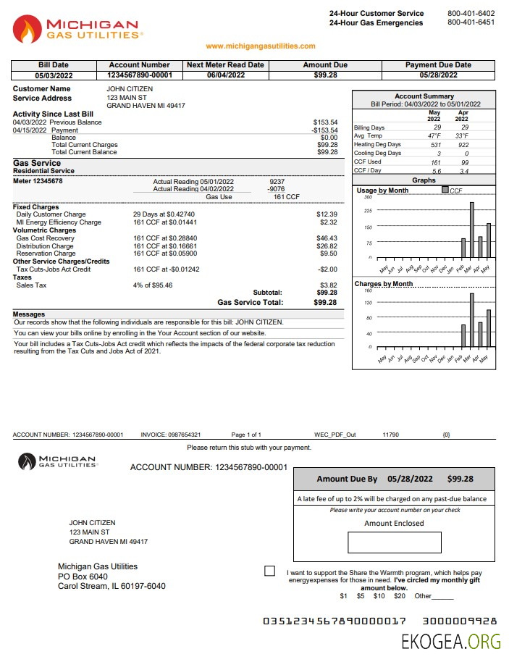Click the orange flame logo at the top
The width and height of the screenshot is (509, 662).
pos(28,29)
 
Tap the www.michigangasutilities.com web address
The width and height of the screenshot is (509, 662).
pos(261,46)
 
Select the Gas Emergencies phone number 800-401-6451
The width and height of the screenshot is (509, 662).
pos(471,22)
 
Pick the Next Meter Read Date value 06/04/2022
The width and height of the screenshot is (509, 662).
pos(225,75)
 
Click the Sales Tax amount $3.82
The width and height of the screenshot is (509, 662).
pos(329,285)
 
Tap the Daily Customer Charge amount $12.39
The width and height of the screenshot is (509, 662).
pos(327,215)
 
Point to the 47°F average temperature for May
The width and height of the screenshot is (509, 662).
pos(434,136)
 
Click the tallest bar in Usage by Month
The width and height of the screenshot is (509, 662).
pos(472,230)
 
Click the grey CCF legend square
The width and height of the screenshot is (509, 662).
pos(445,190)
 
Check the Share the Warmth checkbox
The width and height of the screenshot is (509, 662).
pos(269,571)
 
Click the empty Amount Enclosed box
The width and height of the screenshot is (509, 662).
pos(394,542)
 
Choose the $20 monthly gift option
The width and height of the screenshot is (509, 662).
pos(399,596)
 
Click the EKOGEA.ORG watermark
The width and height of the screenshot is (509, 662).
pos(451,641)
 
